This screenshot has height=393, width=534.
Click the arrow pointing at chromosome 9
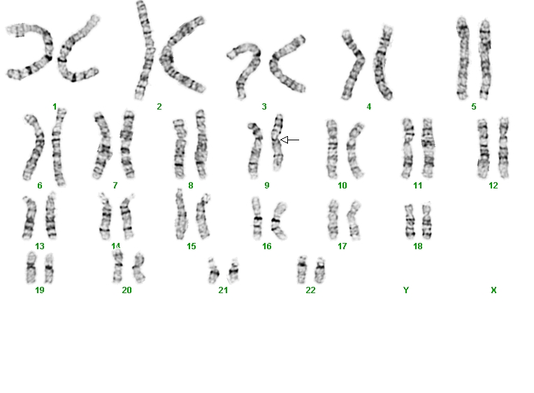pyautogui.click(x=289, y=140)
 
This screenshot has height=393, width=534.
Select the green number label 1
pyautogui.click(x=55, y=107)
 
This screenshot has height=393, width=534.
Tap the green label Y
pyautogui.click(x=405, y=290)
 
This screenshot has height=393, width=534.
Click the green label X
pyautogui.click(x=493, y=290)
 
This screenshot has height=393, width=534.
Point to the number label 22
pyautogui.click(x=310, y=290)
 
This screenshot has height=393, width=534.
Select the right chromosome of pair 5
pyautogui.click(x=485, y=59)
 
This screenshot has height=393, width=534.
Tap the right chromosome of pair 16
pyautogui.click(x=279, y=221)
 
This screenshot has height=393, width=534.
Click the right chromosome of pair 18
pyautogui.click(x=427, y=221)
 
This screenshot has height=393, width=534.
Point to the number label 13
pyautogui.click(x=40, y=246)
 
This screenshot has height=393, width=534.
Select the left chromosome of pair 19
pyautogui.click(x=31, y=267)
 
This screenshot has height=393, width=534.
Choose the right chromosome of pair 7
pyautogui.click(x=127, y=144)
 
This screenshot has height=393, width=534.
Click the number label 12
pyautogui.click(x=493, y=186)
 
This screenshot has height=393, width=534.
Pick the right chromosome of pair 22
pyautogui.click(x=320, y=270)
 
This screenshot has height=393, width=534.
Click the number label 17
pyautogui.click(x=342, y=246)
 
